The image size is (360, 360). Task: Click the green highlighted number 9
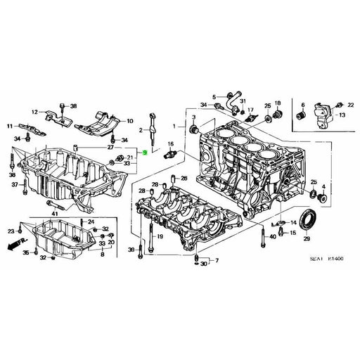coord(145,152)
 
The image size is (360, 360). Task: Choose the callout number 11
coord(10,127)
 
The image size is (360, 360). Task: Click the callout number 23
coord(11,231)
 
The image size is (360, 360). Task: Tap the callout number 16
coord(169,144)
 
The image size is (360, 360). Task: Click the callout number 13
coord(342,114)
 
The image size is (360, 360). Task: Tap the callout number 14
coord(292,222)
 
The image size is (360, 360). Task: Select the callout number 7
coord(217,260)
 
